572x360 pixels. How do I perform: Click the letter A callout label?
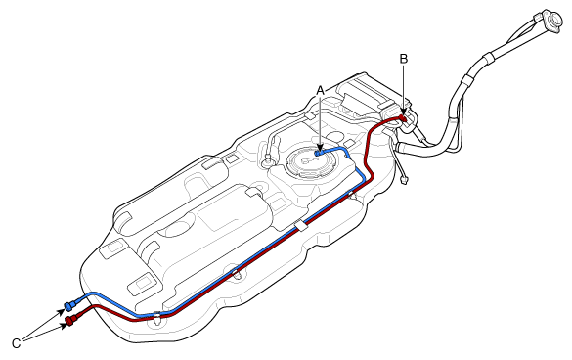click(x=320, y=90)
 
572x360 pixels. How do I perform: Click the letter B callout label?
click(x=403, y=59)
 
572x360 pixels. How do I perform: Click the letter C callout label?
click(x=17, y=343)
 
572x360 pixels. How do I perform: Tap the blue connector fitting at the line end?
click(x=70, y=305)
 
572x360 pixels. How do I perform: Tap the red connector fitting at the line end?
click(x=71, y=320)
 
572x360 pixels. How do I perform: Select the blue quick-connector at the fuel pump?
click(x=320, y=152)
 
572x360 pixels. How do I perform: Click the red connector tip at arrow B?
click(x=403, y=118)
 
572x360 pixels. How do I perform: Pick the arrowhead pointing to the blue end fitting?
click(x=62, y=311)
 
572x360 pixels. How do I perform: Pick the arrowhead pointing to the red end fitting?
click(x=64, y=325)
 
